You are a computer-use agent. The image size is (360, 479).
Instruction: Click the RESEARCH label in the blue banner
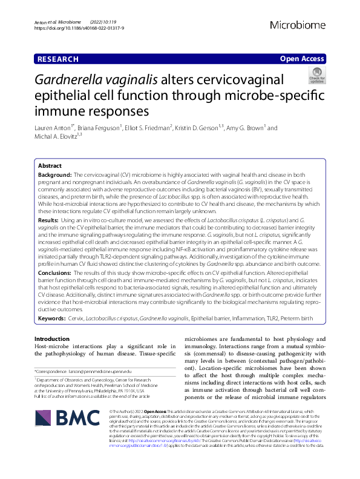pos(57,59)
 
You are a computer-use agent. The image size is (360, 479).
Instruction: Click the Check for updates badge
pos(316,77)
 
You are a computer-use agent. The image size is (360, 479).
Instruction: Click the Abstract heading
pos(50,165)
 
